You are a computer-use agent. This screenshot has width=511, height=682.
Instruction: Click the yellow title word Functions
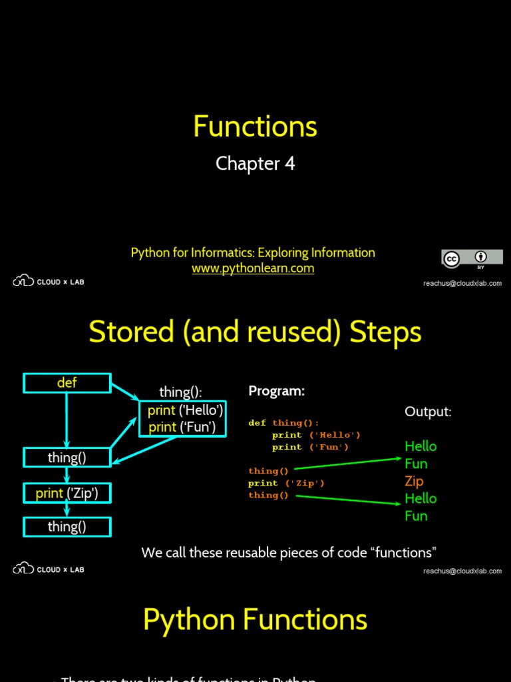coord(255,127)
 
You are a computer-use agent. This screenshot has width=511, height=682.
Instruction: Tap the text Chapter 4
coord(255,164)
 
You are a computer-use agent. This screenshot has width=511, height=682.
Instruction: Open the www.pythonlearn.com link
coord(253,268)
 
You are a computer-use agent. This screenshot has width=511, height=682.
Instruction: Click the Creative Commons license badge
coord(472,258)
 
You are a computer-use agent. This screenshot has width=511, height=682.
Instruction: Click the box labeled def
coord(67,383)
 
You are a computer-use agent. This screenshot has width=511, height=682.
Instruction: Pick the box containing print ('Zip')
coord(67,494)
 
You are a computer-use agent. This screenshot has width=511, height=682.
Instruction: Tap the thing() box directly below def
coord(67,458)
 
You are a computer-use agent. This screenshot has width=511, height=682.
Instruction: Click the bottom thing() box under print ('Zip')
coord(67,527)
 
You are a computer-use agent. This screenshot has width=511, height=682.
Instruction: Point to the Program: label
coord(276,391)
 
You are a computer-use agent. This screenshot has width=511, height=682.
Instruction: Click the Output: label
coord(428,412)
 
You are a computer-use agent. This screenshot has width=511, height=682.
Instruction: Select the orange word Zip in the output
coord(414,481)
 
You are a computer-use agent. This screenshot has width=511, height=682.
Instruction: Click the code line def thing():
coord(284,423)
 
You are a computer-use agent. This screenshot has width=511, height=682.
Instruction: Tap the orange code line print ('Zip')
coord(287,483)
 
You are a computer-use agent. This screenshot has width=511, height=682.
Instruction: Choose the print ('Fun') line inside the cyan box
coord(182,427)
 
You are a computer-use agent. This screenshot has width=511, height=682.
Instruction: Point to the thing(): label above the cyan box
coord(180,392)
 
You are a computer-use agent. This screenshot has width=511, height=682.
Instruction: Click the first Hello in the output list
coord(421,446)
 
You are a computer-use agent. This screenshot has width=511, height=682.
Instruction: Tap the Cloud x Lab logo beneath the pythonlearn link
coord(49,282)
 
